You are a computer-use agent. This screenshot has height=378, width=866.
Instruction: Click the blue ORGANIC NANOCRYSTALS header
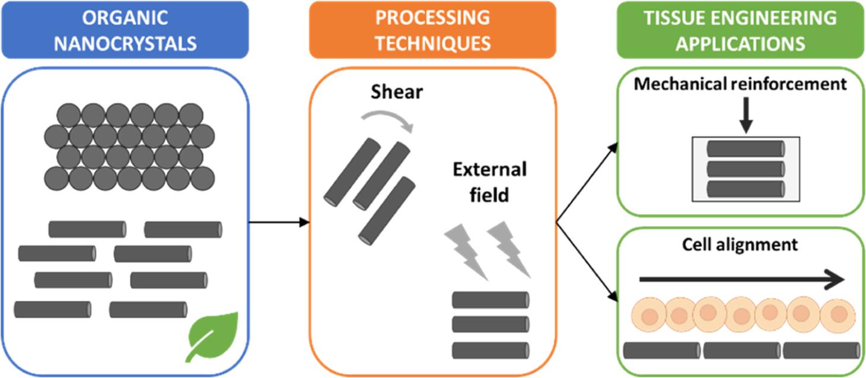tap(125, 30)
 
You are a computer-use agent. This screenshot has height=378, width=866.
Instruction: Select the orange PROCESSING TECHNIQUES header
tap(432, 30)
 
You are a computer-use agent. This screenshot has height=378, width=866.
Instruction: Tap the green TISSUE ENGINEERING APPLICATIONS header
tap(740, 30)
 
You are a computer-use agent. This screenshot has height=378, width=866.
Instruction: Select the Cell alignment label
tap(740, 244)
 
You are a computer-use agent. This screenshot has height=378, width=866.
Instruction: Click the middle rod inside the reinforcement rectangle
tap(746, 169)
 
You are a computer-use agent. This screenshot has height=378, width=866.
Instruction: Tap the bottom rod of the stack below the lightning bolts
tap(490, 350)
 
